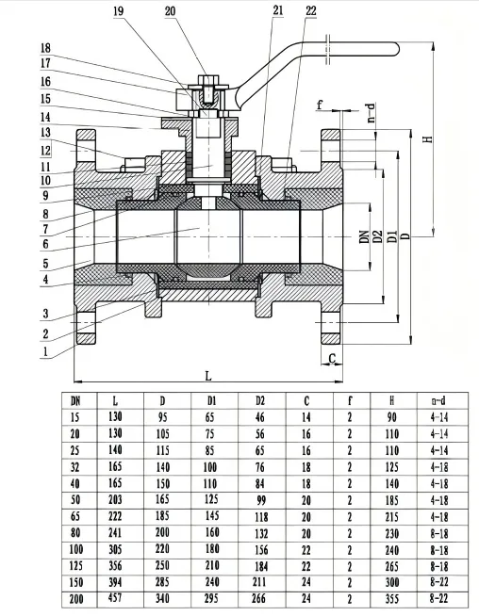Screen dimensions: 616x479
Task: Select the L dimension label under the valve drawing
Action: click(208, 376)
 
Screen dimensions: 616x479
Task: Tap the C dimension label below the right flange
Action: click(334, 358)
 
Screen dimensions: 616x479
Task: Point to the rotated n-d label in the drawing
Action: click(372, 112)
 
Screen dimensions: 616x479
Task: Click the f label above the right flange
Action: click(321, 106)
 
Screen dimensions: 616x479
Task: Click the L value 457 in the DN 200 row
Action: click(115, 598)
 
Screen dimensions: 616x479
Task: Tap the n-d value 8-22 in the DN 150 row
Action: click(438, 582)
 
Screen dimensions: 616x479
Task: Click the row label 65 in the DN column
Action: click(75, 515)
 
